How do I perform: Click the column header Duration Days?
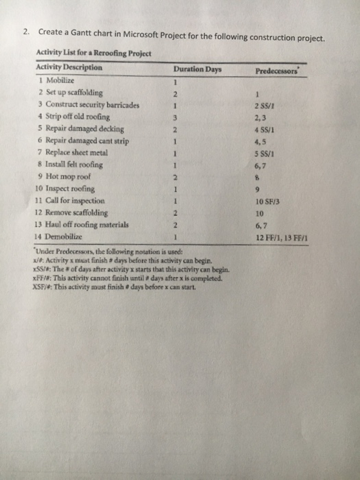(196, 69)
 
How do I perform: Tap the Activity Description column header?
(70, 68)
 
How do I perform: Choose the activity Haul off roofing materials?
(82, 224)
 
